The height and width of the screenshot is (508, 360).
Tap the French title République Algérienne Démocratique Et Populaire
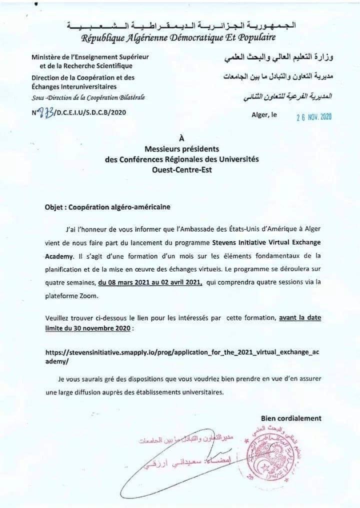point(178,37)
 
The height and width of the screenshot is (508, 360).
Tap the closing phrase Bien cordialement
point(291,418)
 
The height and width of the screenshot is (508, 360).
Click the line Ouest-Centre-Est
point(181,169)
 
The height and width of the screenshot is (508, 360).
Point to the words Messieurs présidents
point(181,148)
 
